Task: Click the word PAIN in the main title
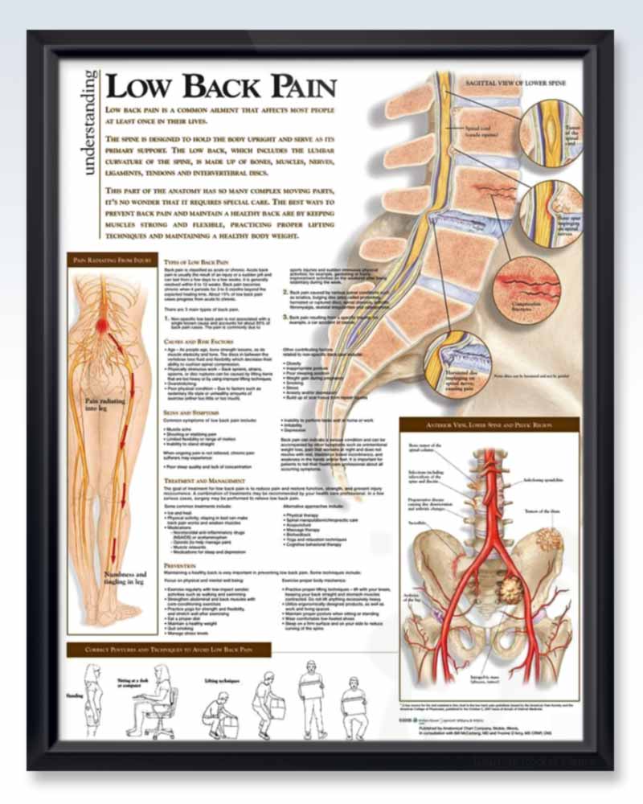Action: tap(294, 86)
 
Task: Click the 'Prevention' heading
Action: tap(179, 565)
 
